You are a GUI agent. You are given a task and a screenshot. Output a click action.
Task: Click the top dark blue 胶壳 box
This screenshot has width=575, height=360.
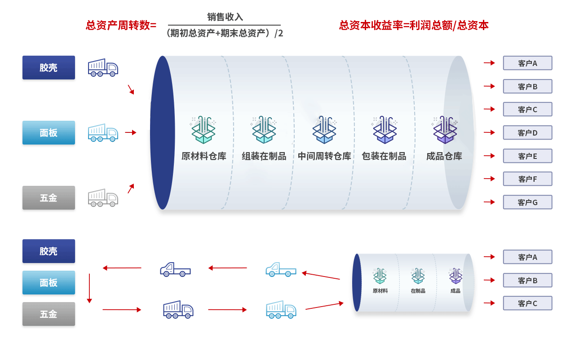pos(49,67)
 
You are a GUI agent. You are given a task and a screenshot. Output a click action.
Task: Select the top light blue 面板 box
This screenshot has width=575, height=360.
pos(49,132)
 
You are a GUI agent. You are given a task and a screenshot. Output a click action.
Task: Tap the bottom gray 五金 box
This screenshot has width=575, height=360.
pos(49,314)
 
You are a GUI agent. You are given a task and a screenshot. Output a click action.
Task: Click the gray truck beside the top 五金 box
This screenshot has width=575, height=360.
pos(103,198)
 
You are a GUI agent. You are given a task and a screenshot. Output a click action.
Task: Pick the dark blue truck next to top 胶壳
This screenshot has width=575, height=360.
pos(103,67)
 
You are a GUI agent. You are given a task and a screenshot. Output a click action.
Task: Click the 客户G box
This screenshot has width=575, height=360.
pos(527,202)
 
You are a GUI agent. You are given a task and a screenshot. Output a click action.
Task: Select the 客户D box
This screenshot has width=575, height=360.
pos(527,132)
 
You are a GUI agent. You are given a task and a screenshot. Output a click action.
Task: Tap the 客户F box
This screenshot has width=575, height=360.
pos(527,179)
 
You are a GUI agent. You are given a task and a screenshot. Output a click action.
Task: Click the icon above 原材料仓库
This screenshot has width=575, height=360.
pos(203,129)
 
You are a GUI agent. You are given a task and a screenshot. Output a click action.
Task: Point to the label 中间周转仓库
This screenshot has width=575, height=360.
pos(324,156)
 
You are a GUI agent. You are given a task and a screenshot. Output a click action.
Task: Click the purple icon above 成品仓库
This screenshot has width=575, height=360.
pos(445,129)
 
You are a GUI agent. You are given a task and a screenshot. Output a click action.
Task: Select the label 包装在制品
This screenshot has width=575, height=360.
pos(384,156)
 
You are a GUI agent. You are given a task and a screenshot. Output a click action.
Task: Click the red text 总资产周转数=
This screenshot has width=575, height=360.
pos(121,25)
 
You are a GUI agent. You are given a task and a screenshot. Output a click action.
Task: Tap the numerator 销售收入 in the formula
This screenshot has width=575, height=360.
pos(225,17)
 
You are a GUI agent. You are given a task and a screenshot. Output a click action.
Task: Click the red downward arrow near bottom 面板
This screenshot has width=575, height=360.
pos(89,288)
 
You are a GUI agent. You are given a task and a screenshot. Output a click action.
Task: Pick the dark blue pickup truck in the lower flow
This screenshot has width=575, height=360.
pos(175,269)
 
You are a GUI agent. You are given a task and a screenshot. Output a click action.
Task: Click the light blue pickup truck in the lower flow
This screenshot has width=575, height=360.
pos(281,269)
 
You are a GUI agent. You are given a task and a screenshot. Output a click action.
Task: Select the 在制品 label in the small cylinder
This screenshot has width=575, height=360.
pos(418,291)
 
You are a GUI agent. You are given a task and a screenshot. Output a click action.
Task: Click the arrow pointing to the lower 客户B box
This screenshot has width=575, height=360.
pos(489,280)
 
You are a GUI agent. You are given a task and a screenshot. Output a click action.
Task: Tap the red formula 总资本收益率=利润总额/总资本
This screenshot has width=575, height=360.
pos(414,25)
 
